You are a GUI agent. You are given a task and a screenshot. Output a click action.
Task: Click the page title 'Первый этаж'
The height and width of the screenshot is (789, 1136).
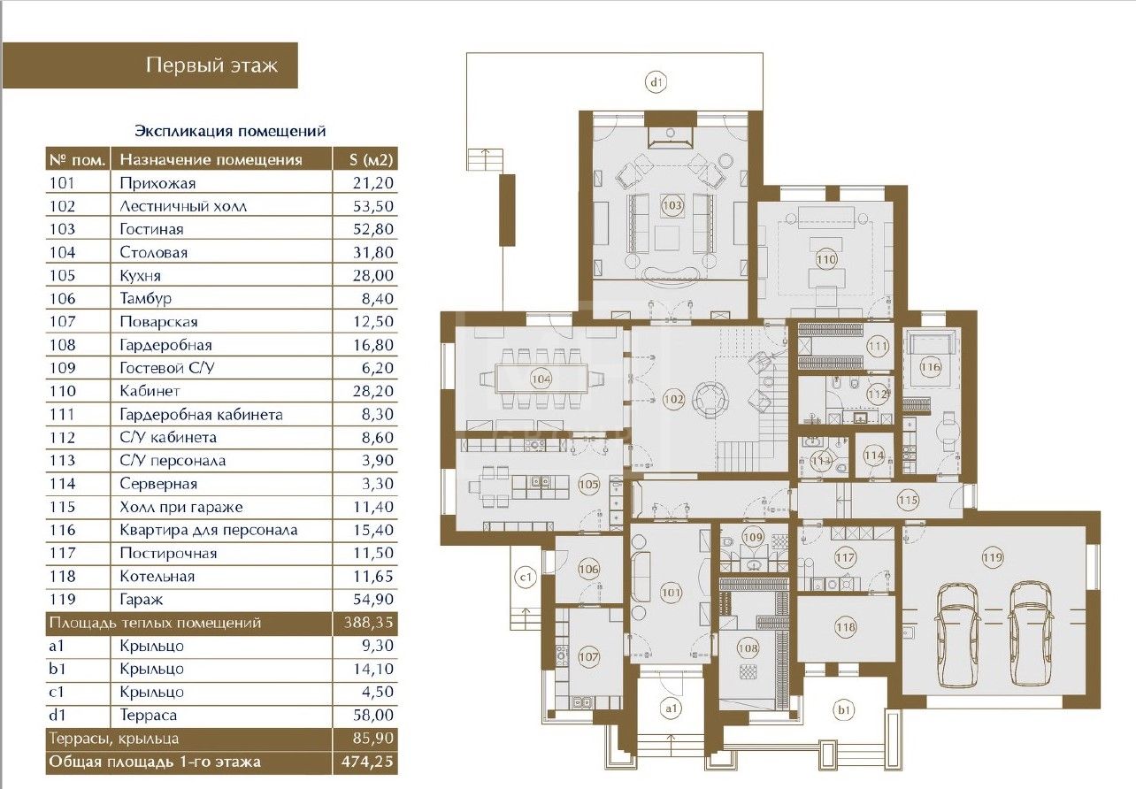tap(212, 65)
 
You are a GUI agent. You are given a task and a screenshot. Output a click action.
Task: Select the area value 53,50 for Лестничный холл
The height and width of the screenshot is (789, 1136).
tap(373, 206)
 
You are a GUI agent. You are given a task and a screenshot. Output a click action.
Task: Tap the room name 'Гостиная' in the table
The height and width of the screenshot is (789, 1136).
tap(151, 229)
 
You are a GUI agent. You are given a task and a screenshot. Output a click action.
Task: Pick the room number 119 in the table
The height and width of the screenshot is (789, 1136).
tap(63, 600)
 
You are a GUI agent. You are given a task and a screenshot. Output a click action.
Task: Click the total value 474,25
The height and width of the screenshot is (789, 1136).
tap(367, 762)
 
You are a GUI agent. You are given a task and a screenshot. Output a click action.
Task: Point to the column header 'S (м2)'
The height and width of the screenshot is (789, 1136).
tap(371, 160)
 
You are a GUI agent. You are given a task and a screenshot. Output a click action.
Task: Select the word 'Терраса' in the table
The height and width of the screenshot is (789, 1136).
tap(148, 715)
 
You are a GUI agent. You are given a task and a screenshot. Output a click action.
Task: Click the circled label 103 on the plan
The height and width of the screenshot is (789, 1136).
tap(672, 205)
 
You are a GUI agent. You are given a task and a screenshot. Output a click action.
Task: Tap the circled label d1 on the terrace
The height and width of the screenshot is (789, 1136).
tap(656, 81)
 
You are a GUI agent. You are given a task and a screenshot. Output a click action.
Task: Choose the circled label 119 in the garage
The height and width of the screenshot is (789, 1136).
tap(993, 558)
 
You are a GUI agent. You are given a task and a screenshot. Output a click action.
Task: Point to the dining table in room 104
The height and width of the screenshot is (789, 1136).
tap(541, 379)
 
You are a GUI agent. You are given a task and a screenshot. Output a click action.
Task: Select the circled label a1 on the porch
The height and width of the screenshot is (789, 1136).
tap(672, 708)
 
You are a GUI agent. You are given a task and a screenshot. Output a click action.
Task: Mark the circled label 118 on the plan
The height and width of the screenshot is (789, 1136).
tap(846, 627)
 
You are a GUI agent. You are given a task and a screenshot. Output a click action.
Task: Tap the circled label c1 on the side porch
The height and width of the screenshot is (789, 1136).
tap(526, 577)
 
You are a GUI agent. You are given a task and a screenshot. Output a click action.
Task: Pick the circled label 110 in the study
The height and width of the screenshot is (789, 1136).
tap(826, 259)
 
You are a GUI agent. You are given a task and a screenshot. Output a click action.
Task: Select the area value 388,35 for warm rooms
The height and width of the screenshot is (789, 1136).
tap(368, 622)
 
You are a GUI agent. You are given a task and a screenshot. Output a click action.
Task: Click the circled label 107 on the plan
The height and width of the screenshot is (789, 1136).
tap(588, 656)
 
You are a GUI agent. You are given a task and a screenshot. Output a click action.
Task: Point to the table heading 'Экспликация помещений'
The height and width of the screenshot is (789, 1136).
tap(230, 131)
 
